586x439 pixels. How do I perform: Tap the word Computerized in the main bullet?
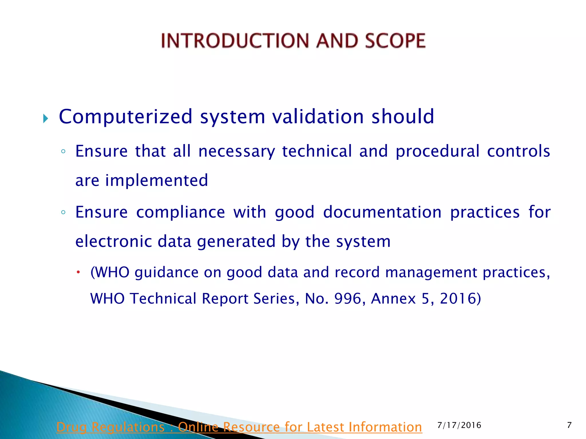click(126, 117)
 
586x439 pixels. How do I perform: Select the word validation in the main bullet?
click(318, 117)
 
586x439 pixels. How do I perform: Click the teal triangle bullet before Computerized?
click(45, 118)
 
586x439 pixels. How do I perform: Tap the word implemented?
click(157, 180)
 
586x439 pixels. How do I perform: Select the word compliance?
click(181, 212)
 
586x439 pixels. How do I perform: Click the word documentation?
click(382, 212)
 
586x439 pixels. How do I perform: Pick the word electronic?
click(113, 241)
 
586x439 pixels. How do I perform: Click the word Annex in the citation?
click(393, 299)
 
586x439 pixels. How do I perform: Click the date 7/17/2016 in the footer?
click(459, 425)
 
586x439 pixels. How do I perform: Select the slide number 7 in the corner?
click(569, 425)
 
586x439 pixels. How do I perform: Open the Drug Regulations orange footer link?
click(239, 427)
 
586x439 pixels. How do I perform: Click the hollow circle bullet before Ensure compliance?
click(64, 213)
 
